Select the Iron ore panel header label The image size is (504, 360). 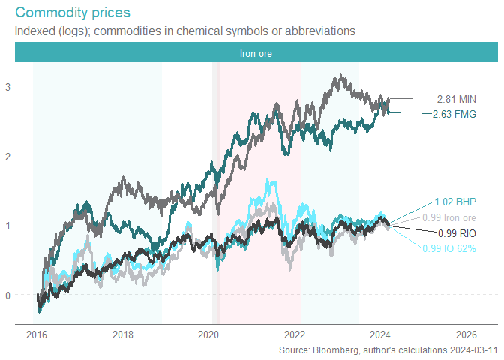(x=256, y=54)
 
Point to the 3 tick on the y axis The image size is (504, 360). (x=7, y=87)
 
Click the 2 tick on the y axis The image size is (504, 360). (x=7, y=156)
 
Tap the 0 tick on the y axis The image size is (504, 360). (x=7, y=295)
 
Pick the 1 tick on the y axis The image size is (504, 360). (x=7, y=226)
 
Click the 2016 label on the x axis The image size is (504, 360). (x=37, y=334)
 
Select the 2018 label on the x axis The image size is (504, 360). (x=123, y=334)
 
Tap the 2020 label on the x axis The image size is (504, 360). (x=209, y=334)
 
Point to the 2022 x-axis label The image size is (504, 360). (x=295, y=334)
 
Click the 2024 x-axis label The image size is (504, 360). (x=381, y=334)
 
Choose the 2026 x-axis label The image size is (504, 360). (x=466, y=334)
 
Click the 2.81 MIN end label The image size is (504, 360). (x=457, y=98)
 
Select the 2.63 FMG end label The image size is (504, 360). (x=454, y=114)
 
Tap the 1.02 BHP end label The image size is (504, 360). (x=455, y=202)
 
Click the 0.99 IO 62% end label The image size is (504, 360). (x=449, y=248)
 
